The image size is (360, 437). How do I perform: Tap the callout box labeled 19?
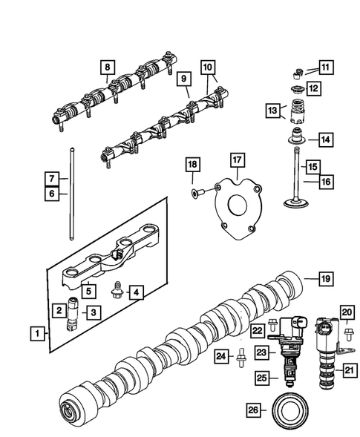tap(324, 279)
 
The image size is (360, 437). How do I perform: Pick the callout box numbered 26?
tap(253, 409)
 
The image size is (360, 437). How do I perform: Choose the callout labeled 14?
tap(324, 138)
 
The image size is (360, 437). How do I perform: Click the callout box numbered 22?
tap(257, 329)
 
